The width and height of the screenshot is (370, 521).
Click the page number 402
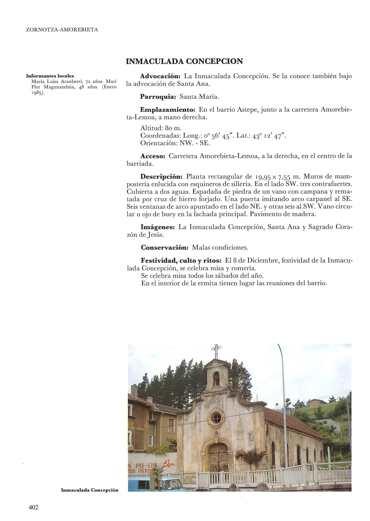[x=33, y=507]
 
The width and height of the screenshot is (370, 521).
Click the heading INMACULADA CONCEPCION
[x=184, y=61]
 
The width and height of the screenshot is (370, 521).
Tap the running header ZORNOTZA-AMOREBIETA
[x=62, y=30]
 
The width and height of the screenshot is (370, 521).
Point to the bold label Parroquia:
[x=158, y=97]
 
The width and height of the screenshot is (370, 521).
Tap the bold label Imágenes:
[x=157, y=227]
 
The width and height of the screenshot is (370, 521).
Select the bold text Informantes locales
[x=50, y=76]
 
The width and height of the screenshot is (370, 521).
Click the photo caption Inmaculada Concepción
[x=90, y=490]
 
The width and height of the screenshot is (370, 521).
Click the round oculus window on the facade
[x=217, y=417]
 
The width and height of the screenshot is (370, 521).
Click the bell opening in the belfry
[x=217, y=379]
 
